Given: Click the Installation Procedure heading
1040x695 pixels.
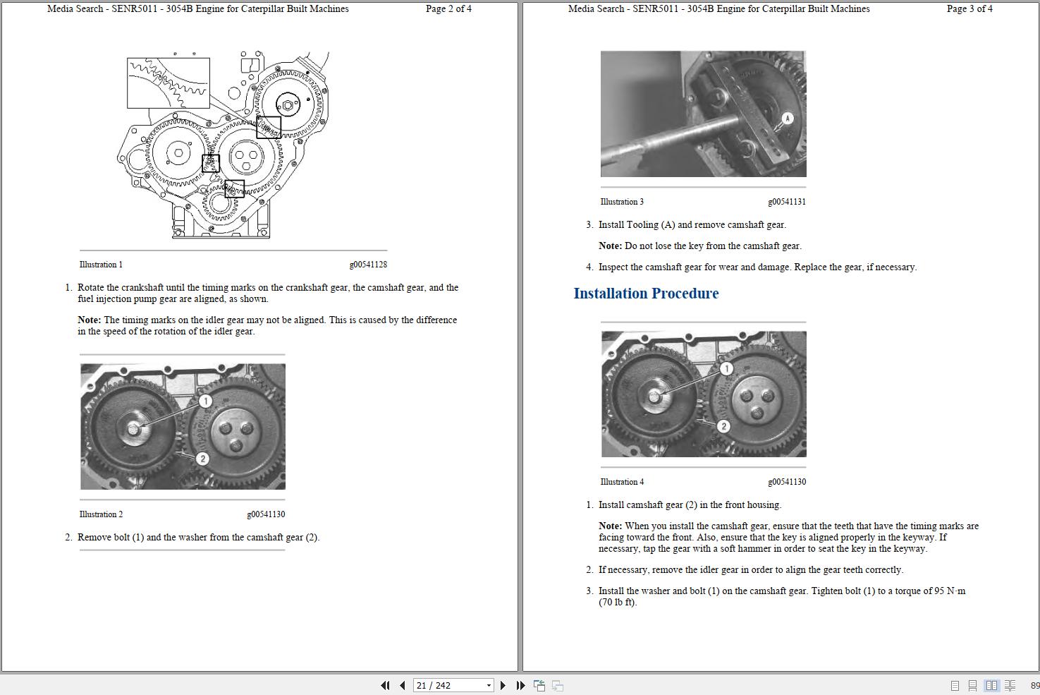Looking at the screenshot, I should click(646, 294).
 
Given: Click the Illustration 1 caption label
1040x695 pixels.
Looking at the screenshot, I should click(101, 265).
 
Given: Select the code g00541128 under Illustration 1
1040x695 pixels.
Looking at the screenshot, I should click(368, 265).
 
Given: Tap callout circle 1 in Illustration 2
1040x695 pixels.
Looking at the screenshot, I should click(205, 401).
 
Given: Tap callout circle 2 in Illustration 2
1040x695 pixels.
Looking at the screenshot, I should click(202, 459).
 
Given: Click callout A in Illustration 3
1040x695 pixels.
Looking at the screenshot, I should click(788, 119).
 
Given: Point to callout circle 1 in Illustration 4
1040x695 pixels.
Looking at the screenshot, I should click(726, 368).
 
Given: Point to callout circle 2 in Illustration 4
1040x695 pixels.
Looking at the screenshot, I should click(723, 426).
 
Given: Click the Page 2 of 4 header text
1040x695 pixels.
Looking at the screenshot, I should click(448, 9).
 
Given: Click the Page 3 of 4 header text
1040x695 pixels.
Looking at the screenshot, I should click(969, 9).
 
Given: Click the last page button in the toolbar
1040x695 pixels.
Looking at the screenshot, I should click(520, 685).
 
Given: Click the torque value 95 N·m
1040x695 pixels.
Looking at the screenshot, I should click(950, 591).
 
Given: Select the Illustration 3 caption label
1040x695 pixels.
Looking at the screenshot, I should click(622, 202).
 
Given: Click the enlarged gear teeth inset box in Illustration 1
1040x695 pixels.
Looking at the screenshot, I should click(168, 83).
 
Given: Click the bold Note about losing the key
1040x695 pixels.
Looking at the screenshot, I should click(610, 246).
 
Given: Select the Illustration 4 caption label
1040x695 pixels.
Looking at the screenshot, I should click(622, 482).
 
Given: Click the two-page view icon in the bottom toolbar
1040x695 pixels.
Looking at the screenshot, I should click(991, 686).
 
